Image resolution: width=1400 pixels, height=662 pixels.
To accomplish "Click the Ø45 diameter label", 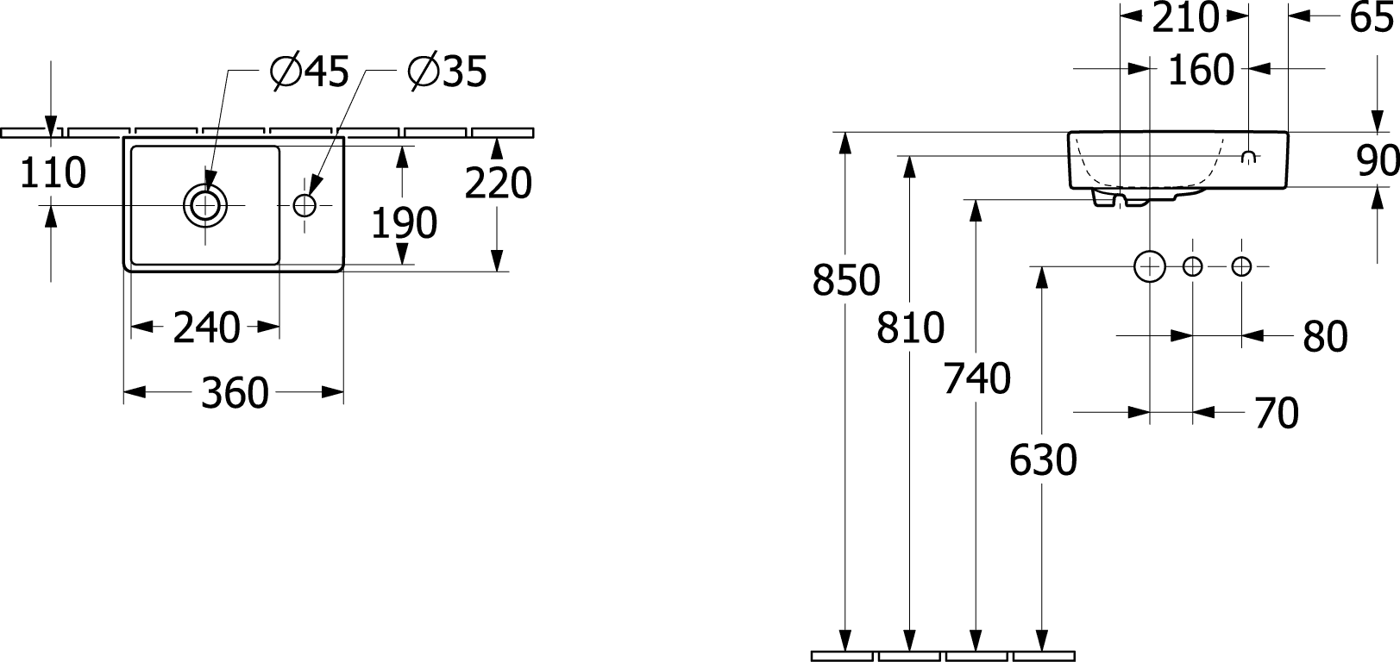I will pyautogui.click(x=310, y=72).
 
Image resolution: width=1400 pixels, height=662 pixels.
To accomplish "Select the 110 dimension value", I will pyautogui.click(x=53, y=173).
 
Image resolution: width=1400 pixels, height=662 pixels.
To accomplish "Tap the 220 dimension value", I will pyautogui.click(x=498, y=183).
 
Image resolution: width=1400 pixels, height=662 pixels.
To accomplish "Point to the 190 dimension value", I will pyautogui.click(x=404, y=223).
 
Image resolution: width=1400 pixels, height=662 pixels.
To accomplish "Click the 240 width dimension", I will pyautogui.click(x=206, y=328).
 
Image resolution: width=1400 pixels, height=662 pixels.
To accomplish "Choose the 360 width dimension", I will pyautogui.click(x=235, y=393).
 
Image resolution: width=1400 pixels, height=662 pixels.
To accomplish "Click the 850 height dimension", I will pyautogui.click(x=846, y=280).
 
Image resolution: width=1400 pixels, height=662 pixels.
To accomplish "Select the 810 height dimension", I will pyautogui.click(x=911, y=328).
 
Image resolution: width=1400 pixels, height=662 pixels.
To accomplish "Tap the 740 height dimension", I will pyautogui.click(x=976, y=378).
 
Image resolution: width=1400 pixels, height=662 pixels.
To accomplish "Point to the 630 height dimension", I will pyautogui.click(x=1043, y=460).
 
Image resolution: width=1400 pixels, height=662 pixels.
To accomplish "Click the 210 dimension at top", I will pyautogui.click(x=1185, y=17).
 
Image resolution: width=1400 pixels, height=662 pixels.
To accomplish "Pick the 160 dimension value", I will pyautogui.click(x=1201, y=70).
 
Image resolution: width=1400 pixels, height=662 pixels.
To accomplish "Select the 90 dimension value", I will pyautogui.click(x=1378, y=160).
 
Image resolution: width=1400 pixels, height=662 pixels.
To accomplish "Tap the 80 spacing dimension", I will pyautogui.click(x=1325, y=336).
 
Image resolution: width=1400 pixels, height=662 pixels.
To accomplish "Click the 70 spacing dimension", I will pyautogui.click(x=1277, y=413).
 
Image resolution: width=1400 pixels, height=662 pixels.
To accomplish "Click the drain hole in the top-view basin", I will pyautogui.click(x=205, y=205).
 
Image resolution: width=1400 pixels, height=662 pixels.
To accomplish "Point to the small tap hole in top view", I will pyautogui.click(x=304, y=205).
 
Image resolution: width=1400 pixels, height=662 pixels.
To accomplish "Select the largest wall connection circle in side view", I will pyautogui.click(x=1150, y=267).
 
